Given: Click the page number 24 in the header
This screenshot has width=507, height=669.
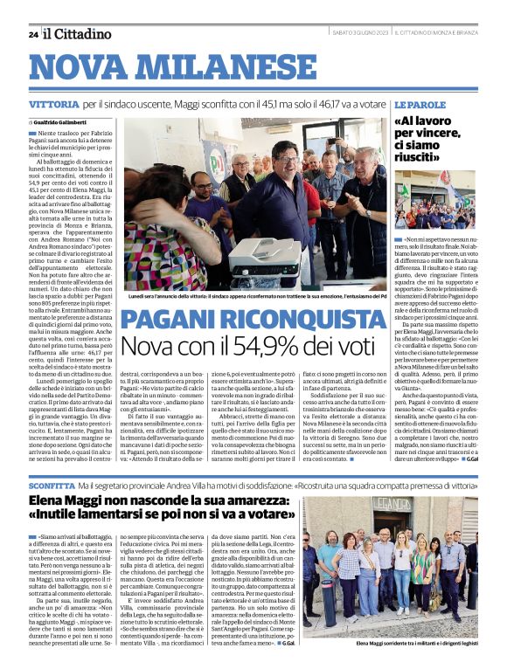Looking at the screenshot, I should [x=33, y=34].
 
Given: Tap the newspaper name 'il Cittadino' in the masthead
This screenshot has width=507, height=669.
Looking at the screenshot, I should [x=78, y=33].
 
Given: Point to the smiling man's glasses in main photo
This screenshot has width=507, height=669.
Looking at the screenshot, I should [x=240, y=163].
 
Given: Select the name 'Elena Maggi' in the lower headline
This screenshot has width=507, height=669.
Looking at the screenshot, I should [x=64, y=500].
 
